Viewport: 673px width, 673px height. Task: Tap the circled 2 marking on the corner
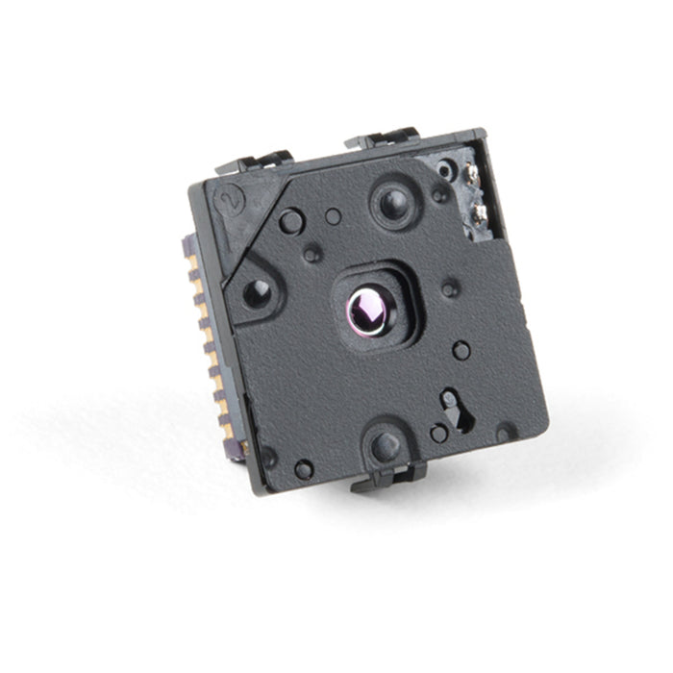(229, 200)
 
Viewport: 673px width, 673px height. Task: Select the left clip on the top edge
(257, 162)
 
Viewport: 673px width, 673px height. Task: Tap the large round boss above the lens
(393, 203)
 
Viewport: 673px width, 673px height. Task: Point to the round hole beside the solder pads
(444, 170)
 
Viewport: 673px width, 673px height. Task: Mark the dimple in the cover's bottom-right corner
(504, 434)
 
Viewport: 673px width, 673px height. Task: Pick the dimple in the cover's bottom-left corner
(304, 469)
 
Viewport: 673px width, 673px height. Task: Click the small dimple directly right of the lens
(449, 287)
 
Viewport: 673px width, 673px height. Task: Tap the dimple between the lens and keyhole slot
(461, 350)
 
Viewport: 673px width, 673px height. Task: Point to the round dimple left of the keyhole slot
(438, 434)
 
